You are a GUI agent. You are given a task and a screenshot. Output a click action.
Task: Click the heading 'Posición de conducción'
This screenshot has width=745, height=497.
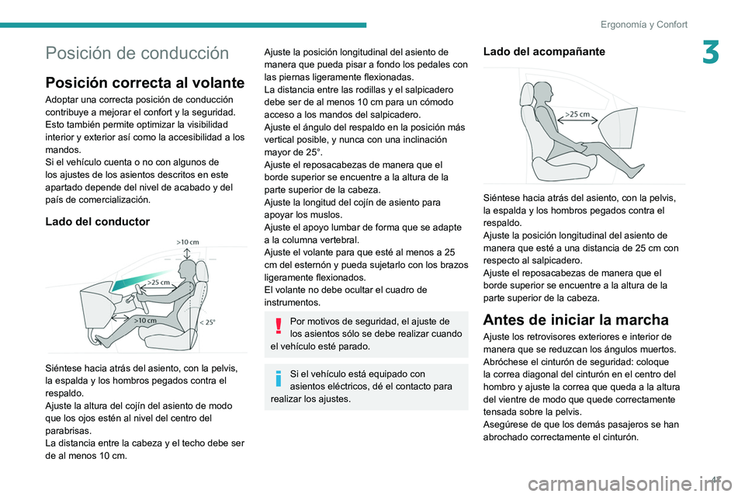(x=137, y=54)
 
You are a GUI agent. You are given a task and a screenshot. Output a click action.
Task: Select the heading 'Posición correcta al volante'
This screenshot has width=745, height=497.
(x=145, y=82)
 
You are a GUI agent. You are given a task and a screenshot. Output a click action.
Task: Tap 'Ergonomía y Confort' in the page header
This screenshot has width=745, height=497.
(x=643, y=24)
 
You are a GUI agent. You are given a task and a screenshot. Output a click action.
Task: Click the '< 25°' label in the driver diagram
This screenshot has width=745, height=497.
(x=209, y=321)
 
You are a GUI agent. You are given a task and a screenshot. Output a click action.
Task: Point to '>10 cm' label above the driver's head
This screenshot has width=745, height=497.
(x=187, y=242)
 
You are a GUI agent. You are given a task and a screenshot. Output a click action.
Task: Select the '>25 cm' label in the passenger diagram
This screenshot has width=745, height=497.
(x=577, y=114)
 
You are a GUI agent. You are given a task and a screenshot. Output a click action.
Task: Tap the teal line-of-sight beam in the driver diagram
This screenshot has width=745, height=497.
(x=140, y=278)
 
